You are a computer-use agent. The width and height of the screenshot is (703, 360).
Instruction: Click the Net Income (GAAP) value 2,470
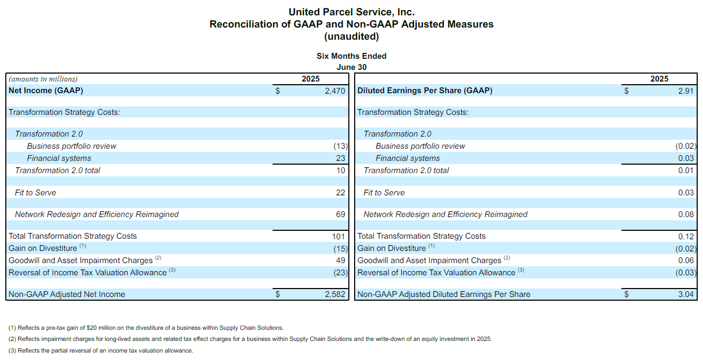[335, 91]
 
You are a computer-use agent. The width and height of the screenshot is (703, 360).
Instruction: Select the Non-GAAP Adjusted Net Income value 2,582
[335, 294]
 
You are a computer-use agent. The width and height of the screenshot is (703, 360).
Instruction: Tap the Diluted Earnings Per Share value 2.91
[686, 91]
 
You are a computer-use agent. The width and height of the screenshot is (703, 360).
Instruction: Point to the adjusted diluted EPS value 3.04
[686, 294]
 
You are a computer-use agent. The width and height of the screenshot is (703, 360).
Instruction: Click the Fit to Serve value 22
[340, 193]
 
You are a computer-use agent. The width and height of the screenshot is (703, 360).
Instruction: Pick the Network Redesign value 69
[340, 214]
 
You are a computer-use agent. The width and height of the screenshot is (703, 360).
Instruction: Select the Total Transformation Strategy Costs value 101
[339, 236]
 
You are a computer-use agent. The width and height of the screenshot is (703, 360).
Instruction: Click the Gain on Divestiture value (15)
[340, 249]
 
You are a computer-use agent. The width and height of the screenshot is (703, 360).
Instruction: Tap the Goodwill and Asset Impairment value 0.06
[686, 260]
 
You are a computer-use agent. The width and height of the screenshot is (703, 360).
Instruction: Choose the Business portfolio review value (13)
[340, 146]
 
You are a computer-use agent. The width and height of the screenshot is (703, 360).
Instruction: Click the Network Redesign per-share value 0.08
[686, 214]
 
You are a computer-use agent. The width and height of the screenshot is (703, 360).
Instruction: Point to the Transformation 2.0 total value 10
[341, 170]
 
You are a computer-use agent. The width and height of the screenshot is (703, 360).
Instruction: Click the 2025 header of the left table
[311, 79]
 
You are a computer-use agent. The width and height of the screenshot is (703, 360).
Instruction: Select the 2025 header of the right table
[660, 79]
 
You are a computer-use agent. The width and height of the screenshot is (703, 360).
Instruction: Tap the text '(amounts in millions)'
[43, 79]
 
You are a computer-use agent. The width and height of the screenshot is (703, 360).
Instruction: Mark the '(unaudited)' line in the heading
[351, 37]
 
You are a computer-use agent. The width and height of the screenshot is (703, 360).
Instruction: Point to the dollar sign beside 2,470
[277, 91]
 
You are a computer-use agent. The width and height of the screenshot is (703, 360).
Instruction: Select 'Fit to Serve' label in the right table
[384, 193]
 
